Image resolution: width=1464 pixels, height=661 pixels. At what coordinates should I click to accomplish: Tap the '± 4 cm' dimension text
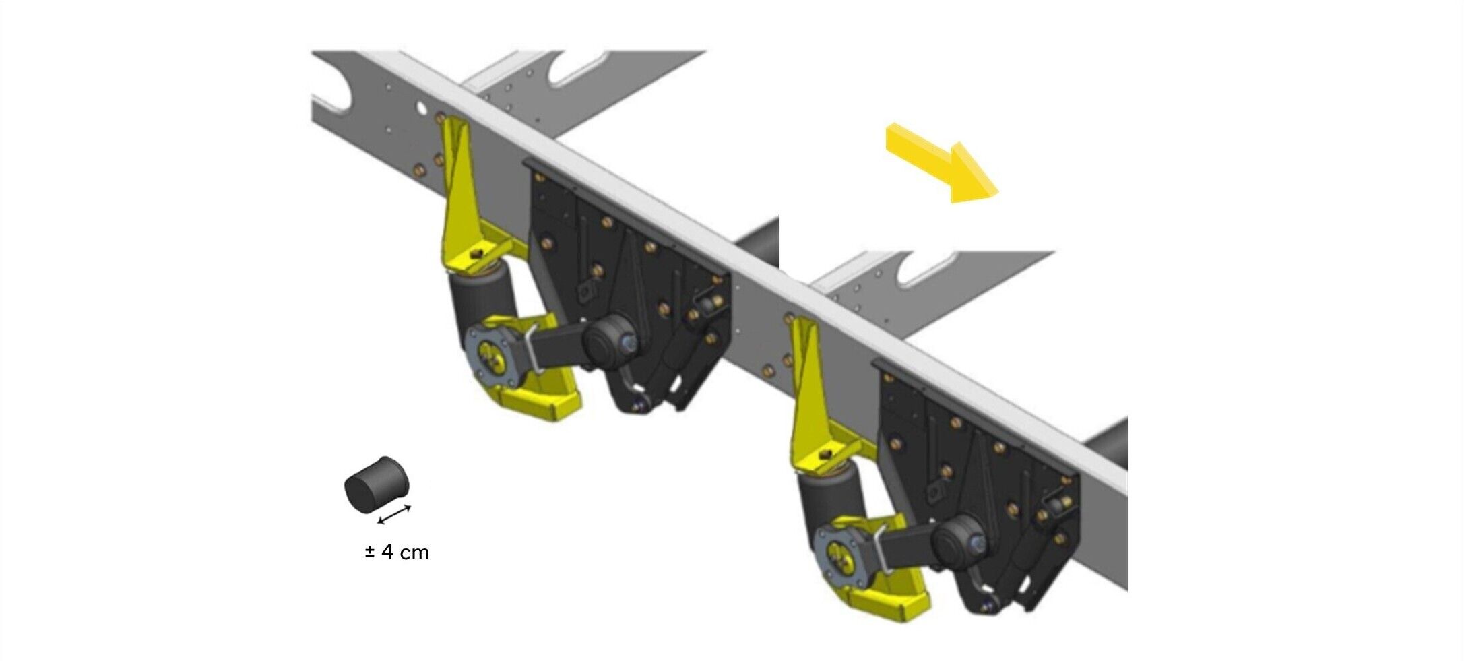point(397,553)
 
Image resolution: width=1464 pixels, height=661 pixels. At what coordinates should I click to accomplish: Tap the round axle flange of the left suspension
point(495,356)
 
